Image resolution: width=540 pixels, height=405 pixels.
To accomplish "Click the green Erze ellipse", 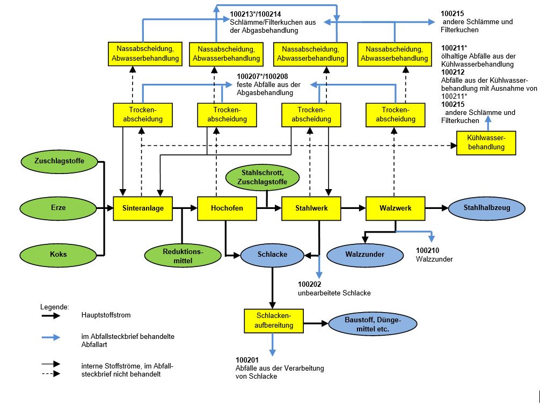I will (x=58, y=208).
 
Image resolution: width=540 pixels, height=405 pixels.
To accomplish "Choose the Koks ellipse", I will (x=58, y=254).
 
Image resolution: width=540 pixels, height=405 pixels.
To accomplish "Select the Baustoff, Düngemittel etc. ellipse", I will (x=364, y=324).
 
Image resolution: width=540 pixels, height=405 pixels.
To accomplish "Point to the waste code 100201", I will (x=247, y=359).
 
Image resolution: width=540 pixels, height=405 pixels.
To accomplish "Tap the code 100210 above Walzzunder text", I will (x=428, y=250).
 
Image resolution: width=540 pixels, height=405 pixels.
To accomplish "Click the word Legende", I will (x=55, y=307).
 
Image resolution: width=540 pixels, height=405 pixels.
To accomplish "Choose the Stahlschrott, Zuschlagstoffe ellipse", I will (x=262, y=178).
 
